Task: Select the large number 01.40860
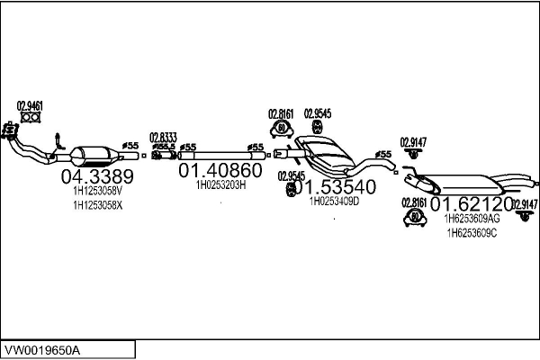tap(220, 170)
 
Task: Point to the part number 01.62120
tap(472, 205)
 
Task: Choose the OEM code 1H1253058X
tap(97, 206)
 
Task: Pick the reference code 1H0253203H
tap(220, 184)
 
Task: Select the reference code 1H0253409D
tap(334, 202)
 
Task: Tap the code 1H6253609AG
tap(472, 219)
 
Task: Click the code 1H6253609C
tap(472, 234)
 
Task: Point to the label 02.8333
tap(163, 137)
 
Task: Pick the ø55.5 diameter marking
tap(164, 147)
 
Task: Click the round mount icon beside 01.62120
tap(415, 217)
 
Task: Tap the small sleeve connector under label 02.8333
tap(163, 157)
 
